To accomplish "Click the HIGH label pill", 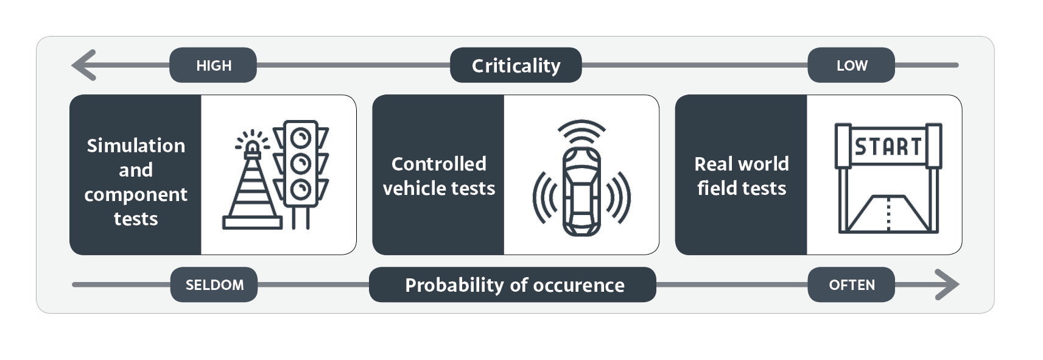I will click(x=213, y=65).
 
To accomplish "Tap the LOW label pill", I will click(x=851, y=65).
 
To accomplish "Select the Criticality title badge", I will click(x=516, y=65).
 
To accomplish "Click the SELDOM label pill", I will click(x=214, y=284).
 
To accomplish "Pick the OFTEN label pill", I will click(x=851, y=284).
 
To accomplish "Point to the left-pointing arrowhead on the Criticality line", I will click(x=84, y=65).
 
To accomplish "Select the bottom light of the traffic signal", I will click(x=301, y=189).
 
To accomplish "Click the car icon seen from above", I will click(x=581, y=191).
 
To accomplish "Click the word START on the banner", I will click(x=888, y=146).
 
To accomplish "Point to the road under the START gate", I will click(x=888, y=213).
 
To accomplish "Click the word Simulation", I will click(x=136, y=146).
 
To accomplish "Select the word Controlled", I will click(x=438, y=164).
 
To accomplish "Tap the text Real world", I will click(x=741, y=164).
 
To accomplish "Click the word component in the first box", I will click(x=136, y=194).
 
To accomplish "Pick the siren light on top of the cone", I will click(x=251, y=146).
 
